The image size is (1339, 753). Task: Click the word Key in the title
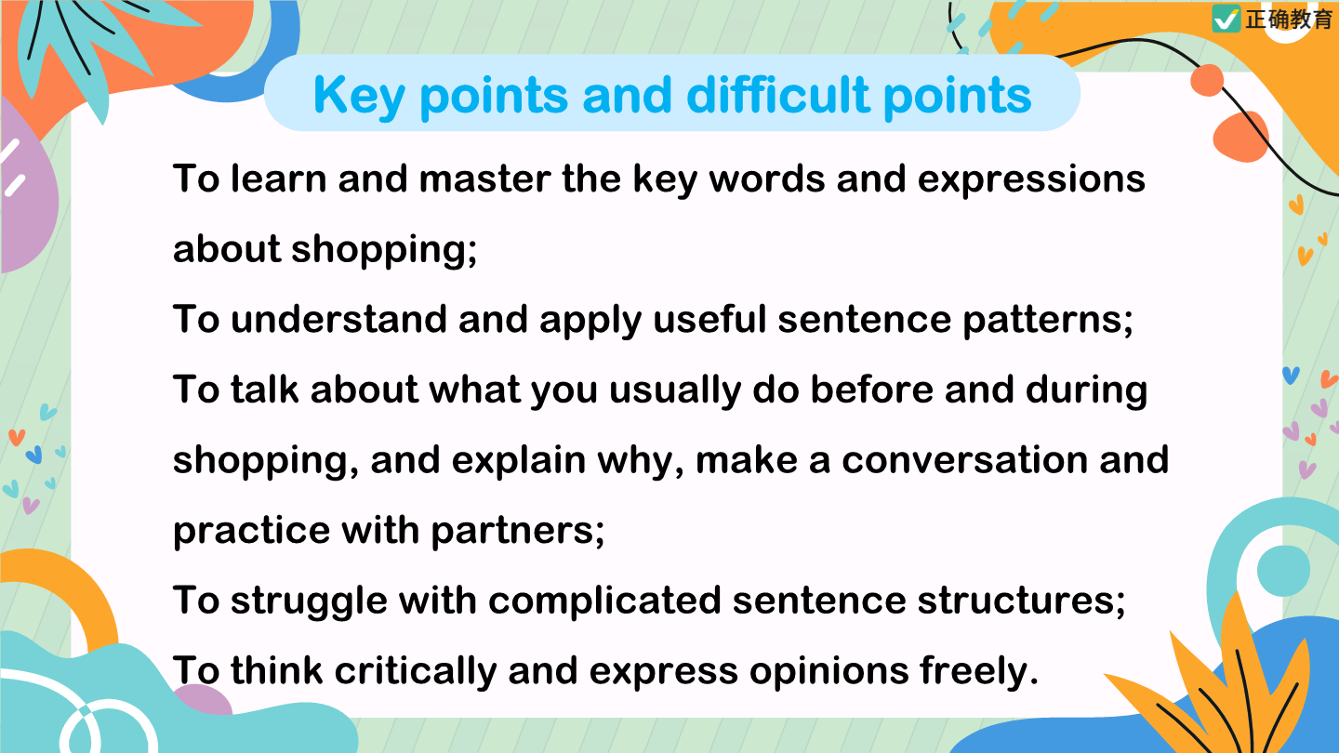(x=359, y=97)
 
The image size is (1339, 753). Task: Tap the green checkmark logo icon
(x=1226, y=19)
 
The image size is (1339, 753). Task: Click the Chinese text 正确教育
(x=1289, y=20)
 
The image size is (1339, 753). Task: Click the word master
(x=484, y=178)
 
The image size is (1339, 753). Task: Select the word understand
(x=338, y=319)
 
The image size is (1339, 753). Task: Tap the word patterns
(x=1047, y=321)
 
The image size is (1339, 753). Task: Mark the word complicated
(x=604, y=601)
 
